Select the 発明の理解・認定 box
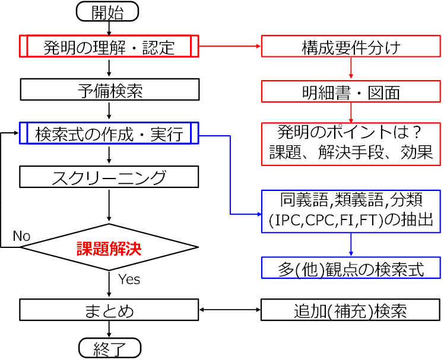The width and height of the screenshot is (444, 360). click(x=109, y=47)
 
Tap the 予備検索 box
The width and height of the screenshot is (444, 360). click(x=109, y=90)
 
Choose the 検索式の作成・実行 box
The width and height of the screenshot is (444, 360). click(x=109, y=133)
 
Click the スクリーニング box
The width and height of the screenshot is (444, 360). click(x=109, y=176)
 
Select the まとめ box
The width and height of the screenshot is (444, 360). click(x=109, y=310)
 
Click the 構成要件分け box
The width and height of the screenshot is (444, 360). click(x=351, y=47)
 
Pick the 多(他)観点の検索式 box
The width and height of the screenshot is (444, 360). click(x=351, y=267)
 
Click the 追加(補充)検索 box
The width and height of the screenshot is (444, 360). click(x=351, y=310)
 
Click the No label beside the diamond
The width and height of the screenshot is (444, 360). click(x=21, y=236)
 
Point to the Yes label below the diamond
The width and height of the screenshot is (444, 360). click(x=128, y=279)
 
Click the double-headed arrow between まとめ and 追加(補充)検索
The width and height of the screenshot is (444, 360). click(x=230, y=310)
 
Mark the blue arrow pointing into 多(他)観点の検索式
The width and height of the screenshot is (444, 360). click(x=351, y=246)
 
